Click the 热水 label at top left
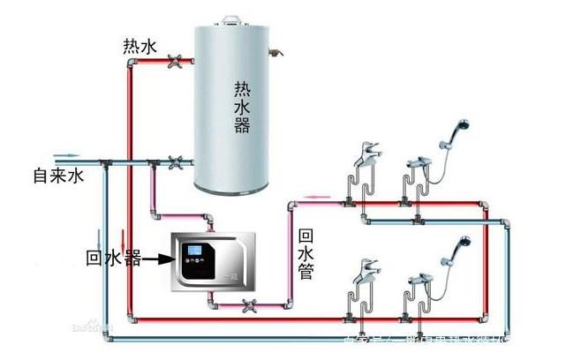click(x=140, y=46)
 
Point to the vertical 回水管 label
click(x=306, y=255)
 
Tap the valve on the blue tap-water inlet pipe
click(x=175, y=162)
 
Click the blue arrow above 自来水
click(x=40, y=152)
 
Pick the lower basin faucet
click(x=366, y=272)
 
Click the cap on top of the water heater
click(x=231, y=19)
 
